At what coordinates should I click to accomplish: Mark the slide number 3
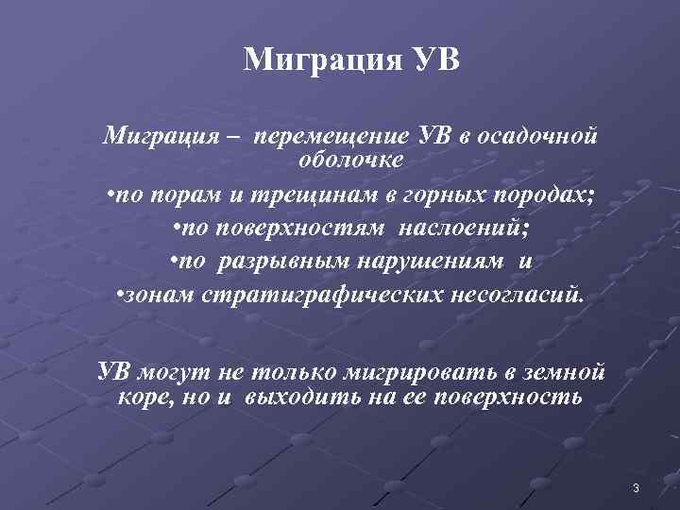636,487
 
